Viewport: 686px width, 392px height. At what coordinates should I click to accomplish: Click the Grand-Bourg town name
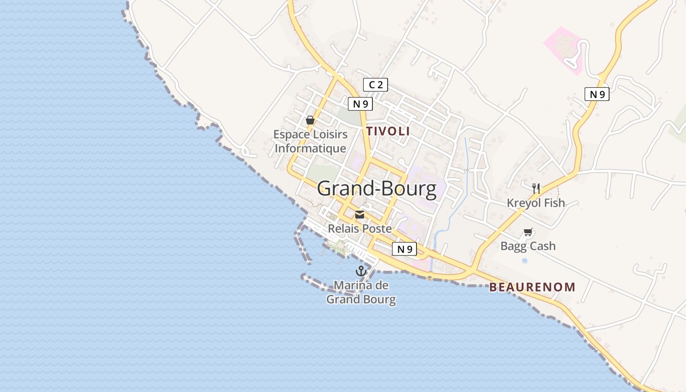(376, 189)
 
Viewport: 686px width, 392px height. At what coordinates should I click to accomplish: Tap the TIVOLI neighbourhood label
(388, 131)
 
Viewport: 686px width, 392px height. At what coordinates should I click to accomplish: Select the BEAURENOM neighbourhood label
(532, 287)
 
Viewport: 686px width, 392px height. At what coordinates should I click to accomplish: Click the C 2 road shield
(375, 85)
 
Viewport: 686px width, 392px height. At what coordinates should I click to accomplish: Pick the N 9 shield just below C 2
(360, 104)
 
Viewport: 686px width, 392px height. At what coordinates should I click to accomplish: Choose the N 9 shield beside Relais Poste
(404, 249)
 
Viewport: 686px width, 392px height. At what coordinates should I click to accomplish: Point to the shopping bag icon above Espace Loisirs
(310, 120)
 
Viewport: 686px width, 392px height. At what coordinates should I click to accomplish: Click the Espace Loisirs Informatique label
(311, 141)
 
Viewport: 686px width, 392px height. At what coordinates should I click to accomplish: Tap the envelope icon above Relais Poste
(360, 215)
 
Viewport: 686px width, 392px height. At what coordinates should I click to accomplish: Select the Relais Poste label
(360, 228)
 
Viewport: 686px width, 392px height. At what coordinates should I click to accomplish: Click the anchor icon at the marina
(361, 271)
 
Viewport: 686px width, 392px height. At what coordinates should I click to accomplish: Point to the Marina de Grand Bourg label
(361, 292)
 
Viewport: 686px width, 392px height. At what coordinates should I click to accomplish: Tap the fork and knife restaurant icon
(536, 188)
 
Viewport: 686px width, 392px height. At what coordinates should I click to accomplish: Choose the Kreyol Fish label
(536, 203)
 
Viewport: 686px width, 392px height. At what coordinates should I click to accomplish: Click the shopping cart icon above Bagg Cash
(528, 232)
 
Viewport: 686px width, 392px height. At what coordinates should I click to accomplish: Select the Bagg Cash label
(528, 246)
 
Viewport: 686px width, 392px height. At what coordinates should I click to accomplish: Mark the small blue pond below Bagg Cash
(525, 260)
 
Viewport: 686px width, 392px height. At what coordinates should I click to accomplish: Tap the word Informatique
(311, 148)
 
